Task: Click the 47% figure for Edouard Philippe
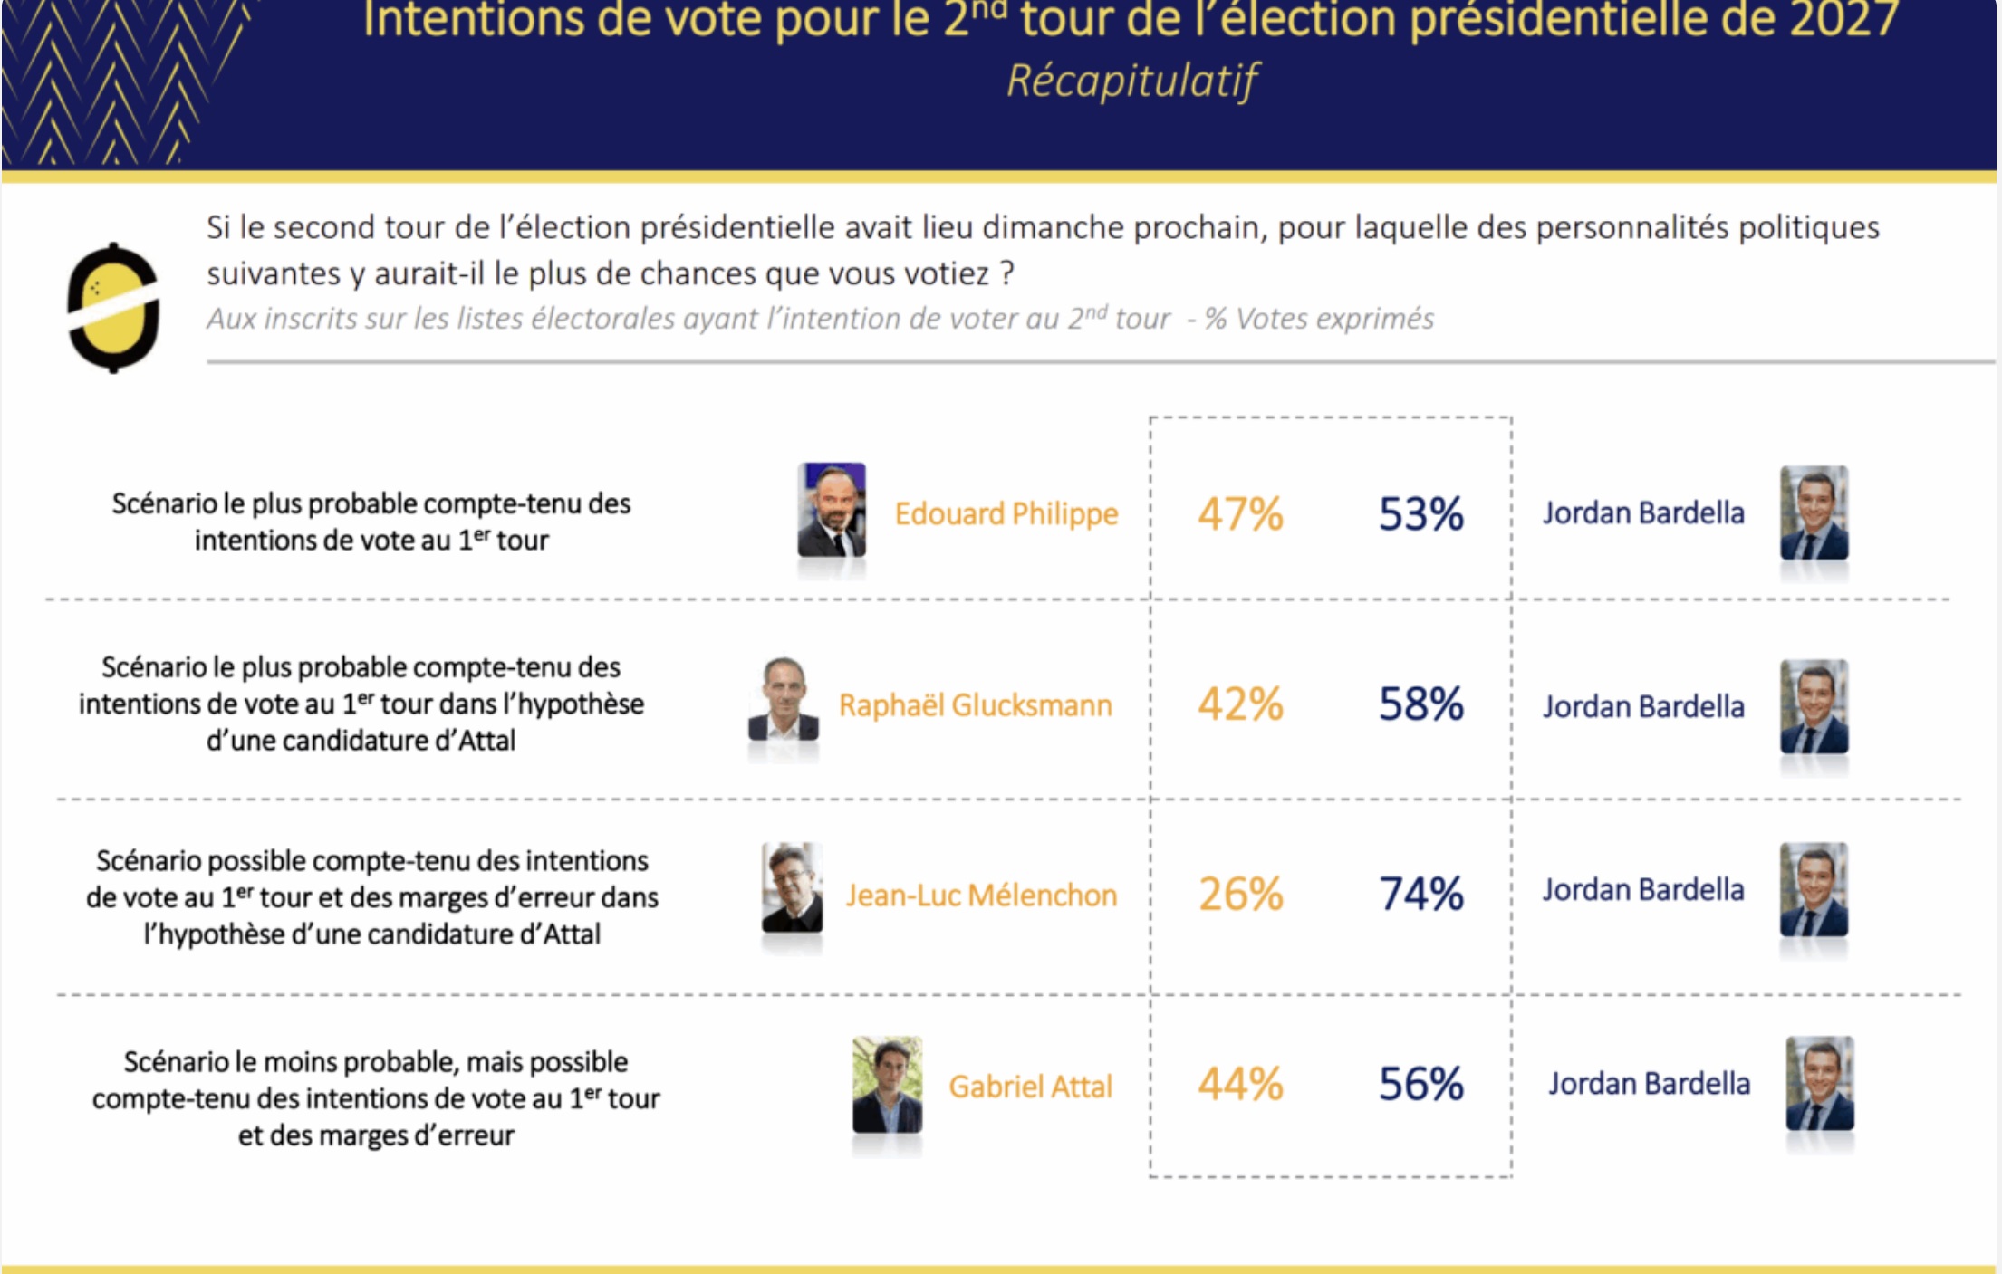tap(1240, 513)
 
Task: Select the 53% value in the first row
tap(1420, 513)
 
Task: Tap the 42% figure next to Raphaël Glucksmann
tap(1240, 704)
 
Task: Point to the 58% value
tap(1420, 704)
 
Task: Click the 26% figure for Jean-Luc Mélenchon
tap(1240, 894)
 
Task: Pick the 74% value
tap(1420, 894)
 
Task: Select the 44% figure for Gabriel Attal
tap(1240, 1084)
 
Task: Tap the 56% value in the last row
tap(1420, 1084)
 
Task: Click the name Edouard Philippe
tap(1006, 513)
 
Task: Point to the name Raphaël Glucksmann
tap(975, 705)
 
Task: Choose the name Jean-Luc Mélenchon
tap(981, 896)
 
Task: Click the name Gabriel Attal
tap(1030, 1087)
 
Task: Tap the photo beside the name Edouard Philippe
tap(832, 510)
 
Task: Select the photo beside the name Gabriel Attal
tap(887, 1085)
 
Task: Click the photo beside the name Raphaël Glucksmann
tap(784, 700)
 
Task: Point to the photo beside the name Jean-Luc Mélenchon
tap(792, 888)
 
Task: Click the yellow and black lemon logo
tap(114, 308)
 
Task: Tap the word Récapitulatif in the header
tap(1132, 81)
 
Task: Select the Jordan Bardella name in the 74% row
tap(1643, 890)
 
